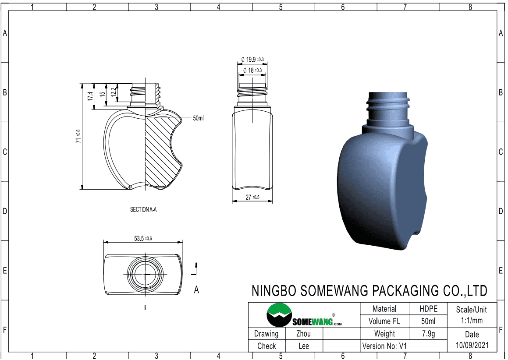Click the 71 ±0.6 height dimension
pyautogui.click(x=78, y=136)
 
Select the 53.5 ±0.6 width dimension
pyautogui.click(x=143, y=239)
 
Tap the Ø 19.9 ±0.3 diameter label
pyautogui.click(x=252, y=60)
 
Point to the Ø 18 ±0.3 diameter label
pyautogui.click(x=252, y=70)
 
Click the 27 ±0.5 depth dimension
pyautogui.click(x=252, y=197)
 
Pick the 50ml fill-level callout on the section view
pyautogui.click(x=198, y=118)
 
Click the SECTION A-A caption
pyautogui.click(x=143, y=210)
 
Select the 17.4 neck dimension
pyautogui.click(x=90, y=96)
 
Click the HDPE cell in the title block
pyautogui.click(x=428, y=309)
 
